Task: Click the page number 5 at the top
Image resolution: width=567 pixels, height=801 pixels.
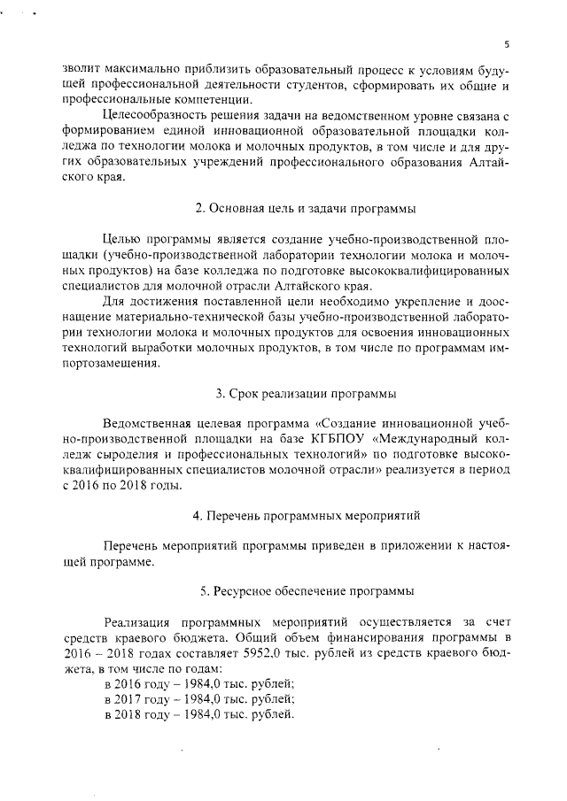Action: click(505, 43)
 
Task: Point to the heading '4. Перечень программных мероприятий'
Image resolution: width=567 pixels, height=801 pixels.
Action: click(306, 514)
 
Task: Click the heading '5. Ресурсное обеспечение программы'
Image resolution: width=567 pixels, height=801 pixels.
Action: click(306, 590)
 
